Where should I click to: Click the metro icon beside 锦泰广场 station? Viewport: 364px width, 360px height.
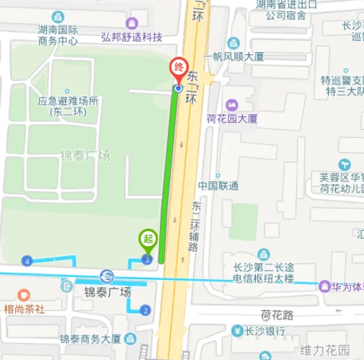(x=106, y=276)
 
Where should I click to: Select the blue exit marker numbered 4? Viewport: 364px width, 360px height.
(x=27, y=260)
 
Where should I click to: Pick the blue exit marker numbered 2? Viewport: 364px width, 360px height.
(x=146, y=310)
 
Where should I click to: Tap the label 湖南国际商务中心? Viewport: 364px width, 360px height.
(x=58, y=35)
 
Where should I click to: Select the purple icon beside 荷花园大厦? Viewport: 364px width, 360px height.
(x=231, y=105)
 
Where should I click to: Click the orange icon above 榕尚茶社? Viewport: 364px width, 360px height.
(x=24, y=294)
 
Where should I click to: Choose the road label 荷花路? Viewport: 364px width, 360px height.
(x=278, y=315)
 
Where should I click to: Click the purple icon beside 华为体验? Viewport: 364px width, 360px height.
(x=325, y=286)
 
